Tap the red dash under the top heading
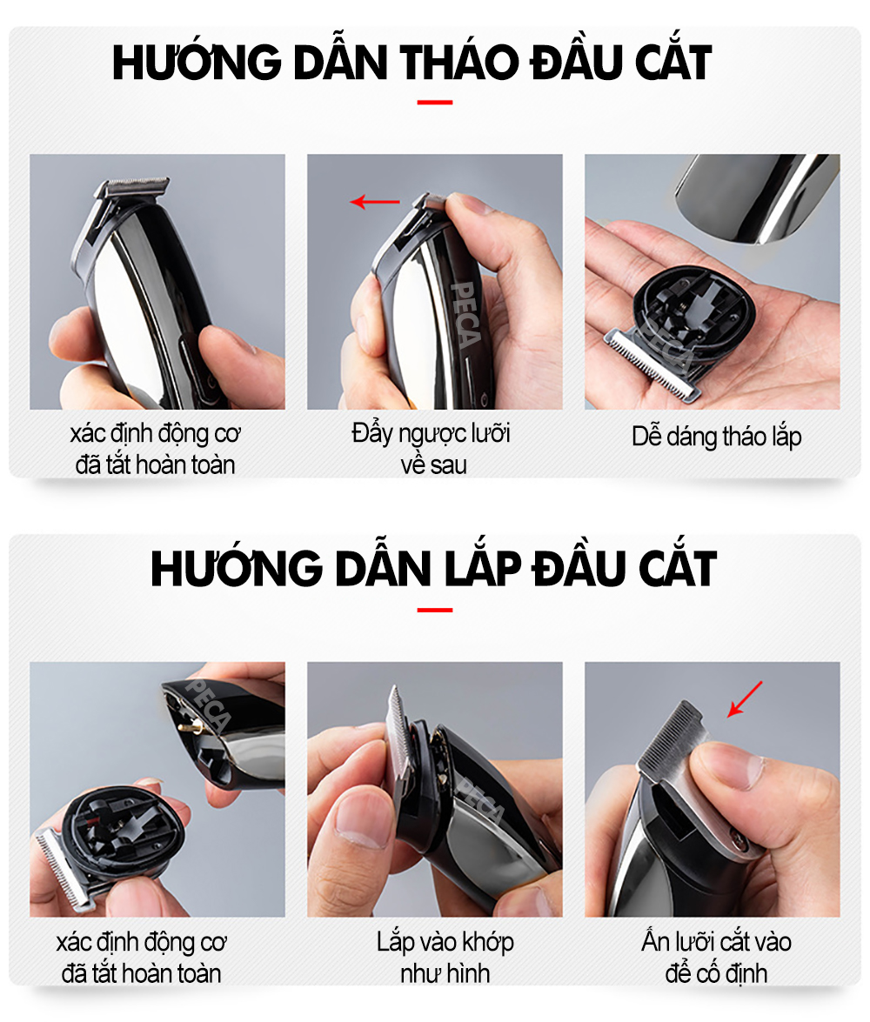435,103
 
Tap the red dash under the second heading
435,610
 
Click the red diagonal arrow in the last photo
745,698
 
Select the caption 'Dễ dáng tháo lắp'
716,436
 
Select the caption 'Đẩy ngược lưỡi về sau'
432,449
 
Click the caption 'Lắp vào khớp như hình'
445,957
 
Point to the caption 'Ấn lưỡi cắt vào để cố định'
716,957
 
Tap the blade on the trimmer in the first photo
133,186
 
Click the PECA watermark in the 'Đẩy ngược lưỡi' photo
466,314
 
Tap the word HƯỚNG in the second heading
237,567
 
